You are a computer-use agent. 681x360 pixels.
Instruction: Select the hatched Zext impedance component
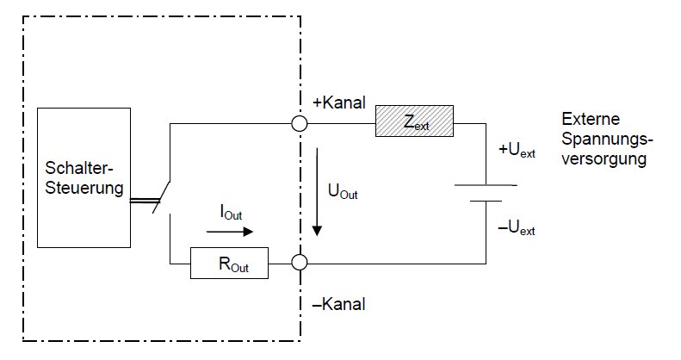[414, 124]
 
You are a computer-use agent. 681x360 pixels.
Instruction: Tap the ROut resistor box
[229, 263]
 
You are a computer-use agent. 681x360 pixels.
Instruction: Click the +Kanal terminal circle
[300, 124]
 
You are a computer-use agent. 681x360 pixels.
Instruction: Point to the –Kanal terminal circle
[300, 263]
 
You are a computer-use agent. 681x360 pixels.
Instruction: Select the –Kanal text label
[338, 305]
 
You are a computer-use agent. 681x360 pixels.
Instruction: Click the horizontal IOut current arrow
[231, 231]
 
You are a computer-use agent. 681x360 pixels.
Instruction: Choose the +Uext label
[517, 152]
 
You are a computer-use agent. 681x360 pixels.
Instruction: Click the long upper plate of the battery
[487, 184]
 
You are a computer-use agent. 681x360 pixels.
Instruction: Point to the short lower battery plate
[487, 201]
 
